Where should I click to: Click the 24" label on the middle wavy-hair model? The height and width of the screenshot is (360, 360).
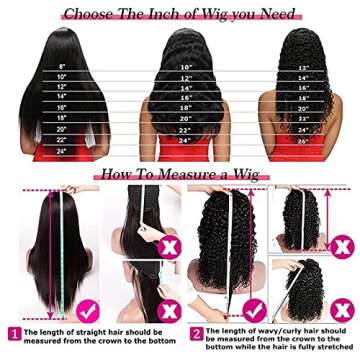point(185,141)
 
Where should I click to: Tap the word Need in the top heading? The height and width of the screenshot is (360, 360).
point(273,13)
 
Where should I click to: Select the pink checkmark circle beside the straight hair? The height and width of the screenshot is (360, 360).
point(87,305)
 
